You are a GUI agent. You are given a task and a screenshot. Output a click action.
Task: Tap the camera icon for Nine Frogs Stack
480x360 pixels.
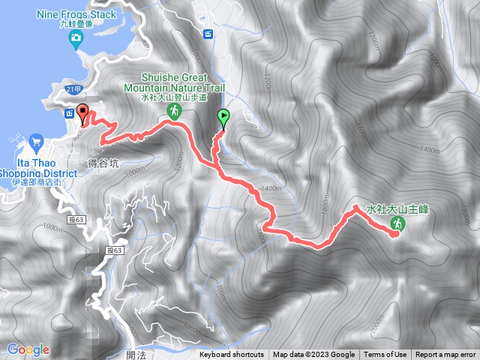[75, 37]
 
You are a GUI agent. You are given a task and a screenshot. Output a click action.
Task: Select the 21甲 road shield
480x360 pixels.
[73, 90]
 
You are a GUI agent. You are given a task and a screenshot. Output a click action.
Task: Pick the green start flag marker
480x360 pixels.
[223, 117]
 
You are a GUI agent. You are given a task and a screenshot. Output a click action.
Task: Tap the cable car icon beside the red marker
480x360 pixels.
[70, 113]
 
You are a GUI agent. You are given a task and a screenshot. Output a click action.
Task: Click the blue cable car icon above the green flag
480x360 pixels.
[208, 34]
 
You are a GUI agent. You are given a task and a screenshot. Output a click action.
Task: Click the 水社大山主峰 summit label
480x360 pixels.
[397, 209]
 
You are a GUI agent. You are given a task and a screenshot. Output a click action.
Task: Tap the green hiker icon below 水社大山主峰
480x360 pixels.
[397, 223]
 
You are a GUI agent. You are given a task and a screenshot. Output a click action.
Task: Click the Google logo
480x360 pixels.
[28, 349]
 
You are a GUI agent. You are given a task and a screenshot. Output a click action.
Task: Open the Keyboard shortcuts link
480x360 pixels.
[232, 355]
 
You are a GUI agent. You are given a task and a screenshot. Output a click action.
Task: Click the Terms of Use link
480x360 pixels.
[385, 355]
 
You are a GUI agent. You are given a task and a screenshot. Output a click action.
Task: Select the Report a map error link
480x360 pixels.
[446, 355]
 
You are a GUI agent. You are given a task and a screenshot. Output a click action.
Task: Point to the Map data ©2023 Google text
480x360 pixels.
[313, 355]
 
